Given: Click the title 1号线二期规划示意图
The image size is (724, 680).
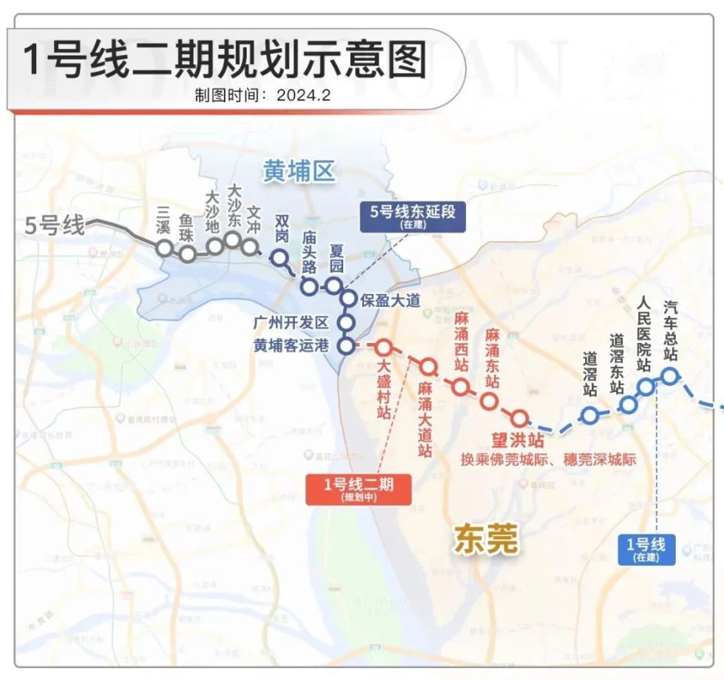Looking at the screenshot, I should coord(225,60).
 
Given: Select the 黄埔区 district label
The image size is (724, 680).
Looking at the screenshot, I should coord(298,173).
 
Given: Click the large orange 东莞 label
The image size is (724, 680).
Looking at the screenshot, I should coord(486,539).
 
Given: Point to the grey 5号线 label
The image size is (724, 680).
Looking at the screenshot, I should coord(55,225).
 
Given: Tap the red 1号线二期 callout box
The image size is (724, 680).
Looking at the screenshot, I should coord(358,489).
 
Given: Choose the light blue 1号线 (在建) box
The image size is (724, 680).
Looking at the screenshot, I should coord(646,550).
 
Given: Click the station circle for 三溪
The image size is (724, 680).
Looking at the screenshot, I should coord(164,247).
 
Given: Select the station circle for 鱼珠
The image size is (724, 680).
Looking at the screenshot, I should coord(188,253).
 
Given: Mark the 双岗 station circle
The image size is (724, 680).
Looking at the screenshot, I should coord(279,259).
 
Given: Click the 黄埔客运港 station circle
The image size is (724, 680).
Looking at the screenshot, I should coord(346,347).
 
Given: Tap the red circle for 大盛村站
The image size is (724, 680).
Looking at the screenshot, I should coord(383,348).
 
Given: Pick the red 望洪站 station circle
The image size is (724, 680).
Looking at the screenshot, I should coord(519,418).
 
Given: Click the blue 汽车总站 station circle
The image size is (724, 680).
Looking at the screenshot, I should coord(669,375).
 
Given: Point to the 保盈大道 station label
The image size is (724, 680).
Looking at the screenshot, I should coord(389,300).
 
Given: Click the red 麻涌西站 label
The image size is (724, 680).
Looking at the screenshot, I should coord(462,340).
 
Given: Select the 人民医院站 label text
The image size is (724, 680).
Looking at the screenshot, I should coord(643,332).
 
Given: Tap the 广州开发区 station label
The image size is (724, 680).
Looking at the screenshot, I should coord(291,323).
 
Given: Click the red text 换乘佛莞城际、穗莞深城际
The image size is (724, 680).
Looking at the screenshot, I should coord(548,459).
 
